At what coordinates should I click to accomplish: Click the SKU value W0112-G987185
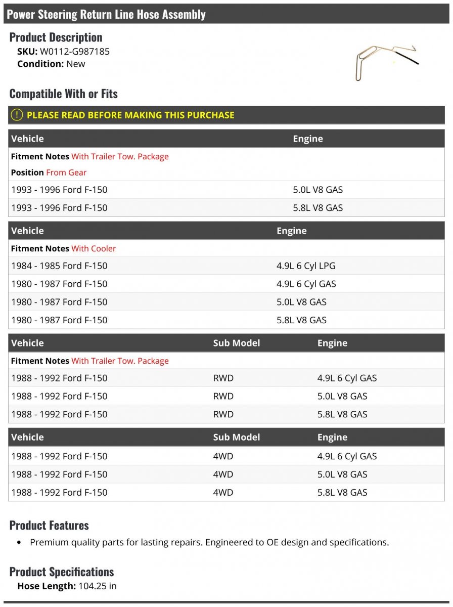[x=75, y=51]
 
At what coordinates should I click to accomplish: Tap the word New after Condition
[x=76, y=64]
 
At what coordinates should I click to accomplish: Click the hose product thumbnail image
[x=386, y=62]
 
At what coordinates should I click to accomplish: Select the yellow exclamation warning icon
[x=17, y=115]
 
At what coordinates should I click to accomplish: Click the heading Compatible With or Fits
[x=63, y=94]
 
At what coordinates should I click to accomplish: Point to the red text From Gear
[x=66, y=172]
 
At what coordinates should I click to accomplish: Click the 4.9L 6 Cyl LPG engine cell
[x=305, y=266]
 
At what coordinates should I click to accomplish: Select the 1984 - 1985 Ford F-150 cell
[x=59, y=266]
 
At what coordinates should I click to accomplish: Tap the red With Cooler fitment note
[x=94, y=248]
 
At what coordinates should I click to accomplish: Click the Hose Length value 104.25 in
[x=98, y=586]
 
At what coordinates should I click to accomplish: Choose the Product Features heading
[x=49, y=525]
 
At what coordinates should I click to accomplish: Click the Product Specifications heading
[x=62, y=572]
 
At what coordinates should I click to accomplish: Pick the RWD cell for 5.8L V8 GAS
[x=223, y=414]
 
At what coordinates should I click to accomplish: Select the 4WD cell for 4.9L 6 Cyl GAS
[x=223, y=456]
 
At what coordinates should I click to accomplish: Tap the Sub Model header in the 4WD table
[x=236, y=437]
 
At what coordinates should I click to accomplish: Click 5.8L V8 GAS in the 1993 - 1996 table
[x=318, y=208]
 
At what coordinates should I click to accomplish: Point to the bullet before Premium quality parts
[x=19, y=543]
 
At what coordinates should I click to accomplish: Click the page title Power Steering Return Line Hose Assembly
[x=106, y=14]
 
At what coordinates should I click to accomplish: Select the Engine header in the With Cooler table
[x=291, y=231]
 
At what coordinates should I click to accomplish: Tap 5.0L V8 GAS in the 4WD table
[x=342, y=474]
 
